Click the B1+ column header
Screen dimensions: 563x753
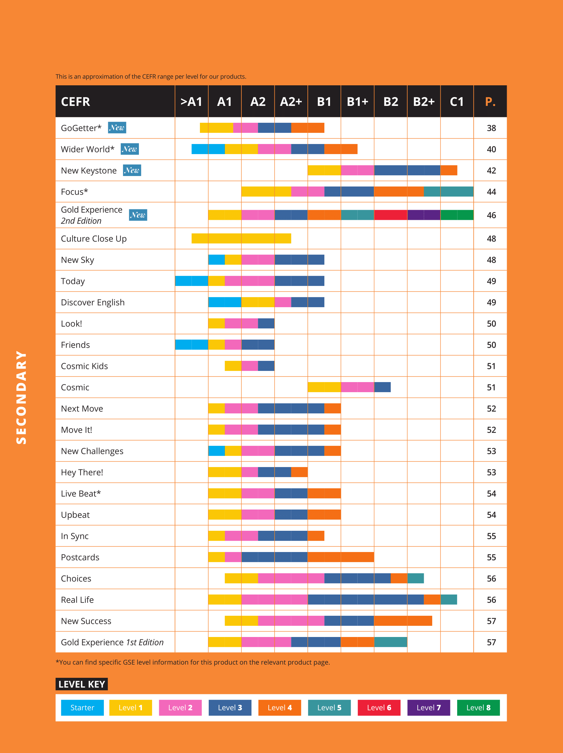pos(357,102)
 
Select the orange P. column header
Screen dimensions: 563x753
pos(490,102)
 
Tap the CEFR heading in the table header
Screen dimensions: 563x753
pos(76,102)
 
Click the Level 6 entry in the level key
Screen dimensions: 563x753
pos(379,708)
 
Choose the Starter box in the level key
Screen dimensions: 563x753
pos(82,708)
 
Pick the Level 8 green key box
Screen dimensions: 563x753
pos(478,708)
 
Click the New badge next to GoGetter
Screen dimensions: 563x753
pos(117,128)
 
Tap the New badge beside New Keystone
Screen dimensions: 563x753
pos(132,170)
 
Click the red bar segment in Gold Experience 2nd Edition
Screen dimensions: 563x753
pos(390,215)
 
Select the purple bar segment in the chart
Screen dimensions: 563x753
pos(424,215)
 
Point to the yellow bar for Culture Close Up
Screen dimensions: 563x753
pos(241,238)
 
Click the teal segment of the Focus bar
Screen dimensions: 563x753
pos(449,192)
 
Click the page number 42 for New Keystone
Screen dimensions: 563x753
pos(491,171)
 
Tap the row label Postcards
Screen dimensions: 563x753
pos(80,557)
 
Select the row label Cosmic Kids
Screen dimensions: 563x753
pos(84,366)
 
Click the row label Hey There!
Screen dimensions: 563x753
pos(82,472)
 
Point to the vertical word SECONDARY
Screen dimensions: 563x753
pos(21,397)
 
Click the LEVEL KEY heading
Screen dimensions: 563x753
pos(82,684)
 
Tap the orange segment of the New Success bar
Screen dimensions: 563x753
pos(403,621)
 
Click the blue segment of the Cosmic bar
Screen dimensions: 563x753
pos(382,387)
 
